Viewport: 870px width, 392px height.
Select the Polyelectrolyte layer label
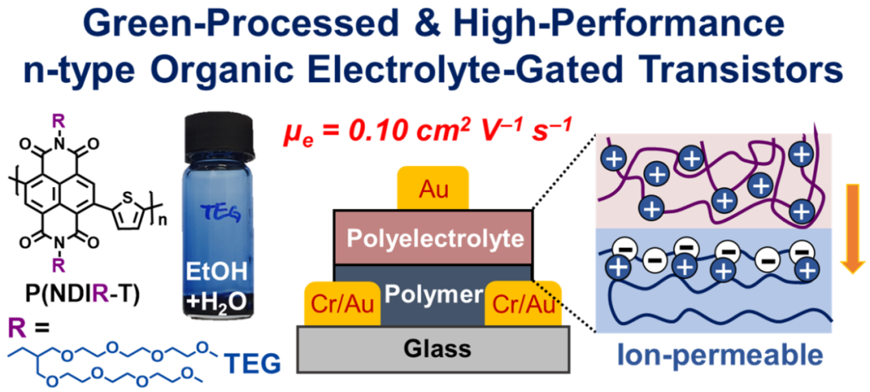click(x=433, y=239)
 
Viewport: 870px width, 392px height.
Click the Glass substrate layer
click(x=433, y=349)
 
